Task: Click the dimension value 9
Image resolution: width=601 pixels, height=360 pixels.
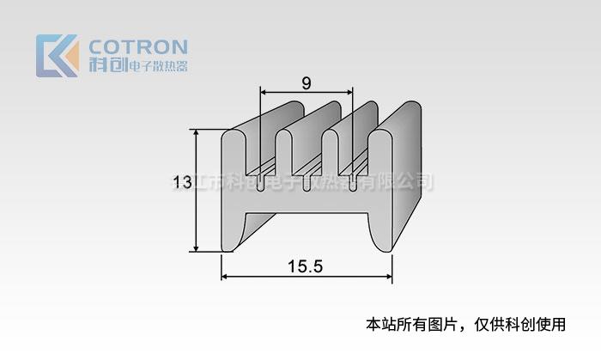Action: tap(307, 83)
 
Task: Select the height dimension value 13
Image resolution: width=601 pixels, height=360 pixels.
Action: tap(181, 182)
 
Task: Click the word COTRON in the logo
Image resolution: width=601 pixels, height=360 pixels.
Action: tap(139, 46)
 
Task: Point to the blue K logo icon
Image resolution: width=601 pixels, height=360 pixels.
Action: tap(57, 56)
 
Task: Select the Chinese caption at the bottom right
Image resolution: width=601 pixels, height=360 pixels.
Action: tap(466, 325)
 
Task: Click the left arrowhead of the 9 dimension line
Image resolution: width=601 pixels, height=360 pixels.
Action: tap(263, 91)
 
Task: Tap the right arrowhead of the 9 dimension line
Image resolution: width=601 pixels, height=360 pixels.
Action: tap(350, 91)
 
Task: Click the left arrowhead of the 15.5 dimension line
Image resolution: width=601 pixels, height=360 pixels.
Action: tap(226, 277)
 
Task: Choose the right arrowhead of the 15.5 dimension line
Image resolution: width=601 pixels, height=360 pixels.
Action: tap(389, 277)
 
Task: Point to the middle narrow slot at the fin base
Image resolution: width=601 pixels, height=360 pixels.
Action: tap(307, 181)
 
